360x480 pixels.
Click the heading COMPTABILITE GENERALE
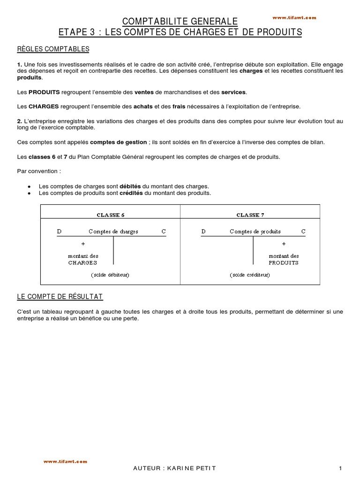click(180, 21)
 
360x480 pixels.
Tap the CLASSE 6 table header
click(111, 215)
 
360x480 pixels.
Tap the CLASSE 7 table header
click(250, 215)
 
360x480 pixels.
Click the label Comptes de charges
click(113, 232)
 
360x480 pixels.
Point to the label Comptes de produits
click(255, 232)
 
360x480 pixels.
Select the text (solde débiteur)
click(110, 274)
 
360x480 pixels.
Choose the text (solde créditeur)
click(250, 274)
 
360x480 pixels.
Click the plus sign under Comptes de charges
click(83, 244)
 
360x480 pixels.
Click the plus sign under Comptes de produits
click(283, 244)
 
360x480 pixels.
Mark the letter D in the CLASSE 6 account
click(59, 232)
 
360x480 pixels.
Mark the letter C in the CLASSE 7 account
click(303, 232)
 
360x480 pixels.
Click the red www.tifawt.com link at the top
click(294, 17)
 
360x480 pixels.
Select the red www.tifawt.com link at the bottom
click(65, 462)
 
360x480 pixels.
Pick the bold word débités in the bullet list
click(130, 186)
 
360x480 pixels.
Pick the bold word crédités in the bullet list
click(131, 193)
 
